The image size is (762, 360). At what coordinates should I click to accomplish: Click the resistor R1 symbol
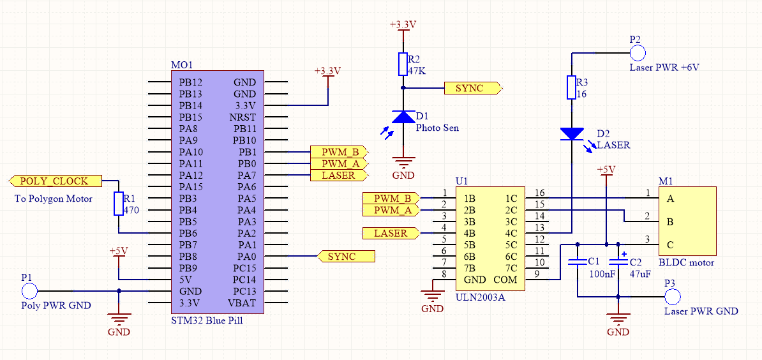[118, 204]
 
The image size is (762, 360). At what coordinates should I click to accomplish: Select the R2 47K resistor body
[403, 64]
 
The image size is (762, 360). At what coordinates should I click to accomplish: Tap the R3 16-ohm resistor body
[572, 88]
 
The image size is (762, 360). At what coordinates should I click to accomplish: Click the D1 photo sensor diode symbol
[403, 116]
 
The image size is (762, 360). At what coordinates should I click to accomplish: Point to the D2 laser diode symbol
[572, 134]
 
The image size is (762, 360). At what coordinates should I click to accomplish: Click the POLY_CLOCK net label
[54, 181]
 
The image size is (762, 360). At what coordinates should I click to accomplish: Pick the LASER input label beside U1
[390, 234]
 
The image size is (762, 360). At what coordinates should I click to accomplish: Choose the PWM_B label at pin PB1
[339, 152]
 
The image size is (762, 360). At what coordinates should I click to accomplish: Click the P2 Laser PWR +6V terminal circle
[638, 52]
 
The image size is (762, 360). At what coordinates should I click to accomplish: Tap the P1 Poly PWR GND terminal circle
[29, 291]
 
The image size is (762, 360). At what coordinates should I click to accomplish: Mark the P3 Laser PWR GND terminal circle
[672, 296]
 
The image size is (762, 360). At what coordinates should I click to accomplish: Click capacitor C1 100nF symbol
[577, 262]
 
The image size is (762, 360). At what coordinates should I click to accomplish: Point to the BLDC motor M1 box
[687, 221]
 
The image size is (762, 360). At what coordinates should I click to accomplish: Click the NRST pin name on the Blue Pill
[243, 117]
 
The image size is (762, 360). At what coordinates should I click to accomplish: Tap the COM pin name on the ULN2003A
[505, 280]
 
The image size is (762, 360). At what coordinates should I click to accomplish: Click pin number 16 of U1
[540, 193]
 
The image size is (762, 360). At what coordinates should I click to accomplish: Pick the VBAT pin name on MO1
[242, 303]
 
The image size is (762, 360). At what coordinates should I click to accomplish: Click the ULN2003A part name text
[480, 296]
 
